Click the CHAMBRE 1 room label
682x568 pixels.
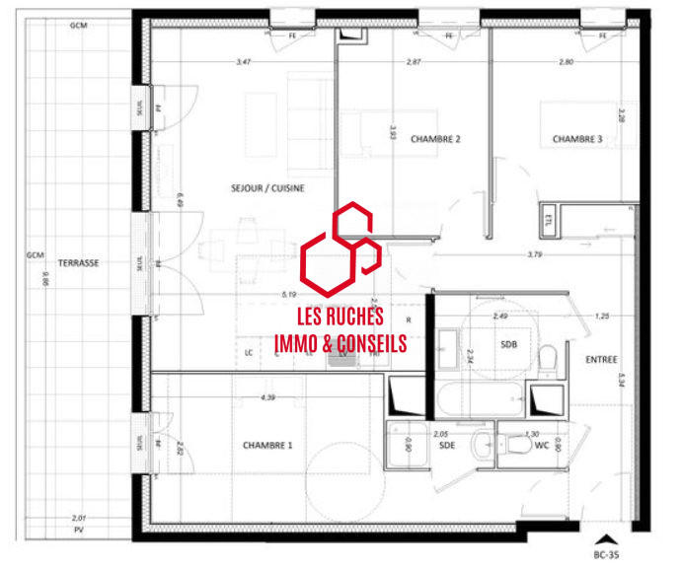[267, 446]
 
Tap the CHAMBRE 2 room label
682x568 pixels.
[435, 139]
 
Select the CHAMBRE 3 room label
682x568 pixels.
[576, 139]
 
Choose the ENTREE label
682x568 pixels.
[600, 360]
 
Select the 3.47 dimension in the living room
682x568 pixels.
[243, 63]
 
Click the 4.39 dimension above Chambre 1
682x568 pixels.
[267, 397]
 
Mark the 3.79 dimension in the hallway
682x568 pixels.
[535, 254]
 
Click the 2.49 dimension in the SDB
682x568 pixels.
[501, 317]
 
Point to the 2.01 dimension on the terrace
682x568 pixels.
[78, 518]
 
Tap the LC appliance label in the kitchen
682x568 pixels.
[248, 352]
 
